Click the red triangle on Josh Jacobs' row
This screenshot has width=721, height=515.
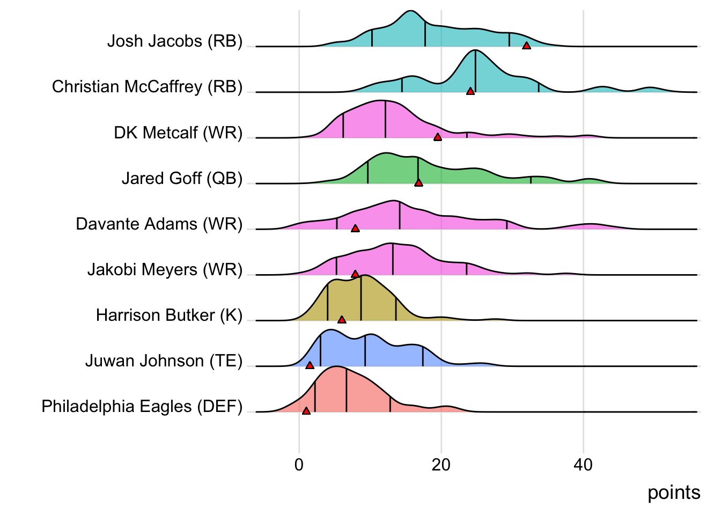coord(526,46)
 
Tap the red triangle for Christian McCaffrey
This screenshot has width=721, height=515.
coord(470,92)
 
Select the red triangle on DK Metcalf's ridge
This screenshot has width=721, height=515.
coord(438,137)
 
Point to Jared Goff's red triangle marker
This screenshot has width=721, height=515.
coord(418,183)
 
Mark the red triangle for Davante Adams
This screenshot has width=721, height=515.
coord(355,229)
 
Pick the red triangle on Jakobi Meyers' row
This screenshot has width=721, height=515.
coord(355,274)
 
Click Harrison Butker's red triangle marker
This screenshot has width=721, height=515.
coord(342,320)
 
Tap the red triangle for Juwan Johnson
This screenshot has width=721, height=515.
coord(310,365)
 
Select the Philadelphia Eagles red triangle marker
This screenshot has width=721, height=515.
coord(306,411)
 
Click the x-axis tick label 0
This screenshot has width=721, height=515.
coord(299,465)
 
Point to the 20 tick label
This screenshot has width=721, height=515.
coord(441,465)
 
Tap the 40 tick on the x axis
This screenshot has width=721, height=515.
coord(583,465)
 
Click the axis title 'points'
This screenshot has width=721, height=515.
coord(674,492)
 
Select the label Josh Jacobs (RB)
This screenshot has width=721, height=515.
coord(175,41)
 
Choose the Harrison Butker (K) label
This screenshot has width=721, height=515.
coord(169,315)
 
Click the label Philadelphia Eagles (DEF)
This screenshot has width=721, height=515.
coord(142,407)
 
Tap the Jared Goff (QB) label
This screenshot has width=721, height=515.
coord(182,178)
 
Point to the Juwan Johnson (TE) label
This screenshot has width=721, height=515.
coord(164,361)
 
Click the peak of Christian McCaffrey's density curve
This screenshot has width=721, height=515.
coord(475,51)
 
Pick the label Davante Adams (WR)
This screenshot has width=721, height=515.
coord(159,224)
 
